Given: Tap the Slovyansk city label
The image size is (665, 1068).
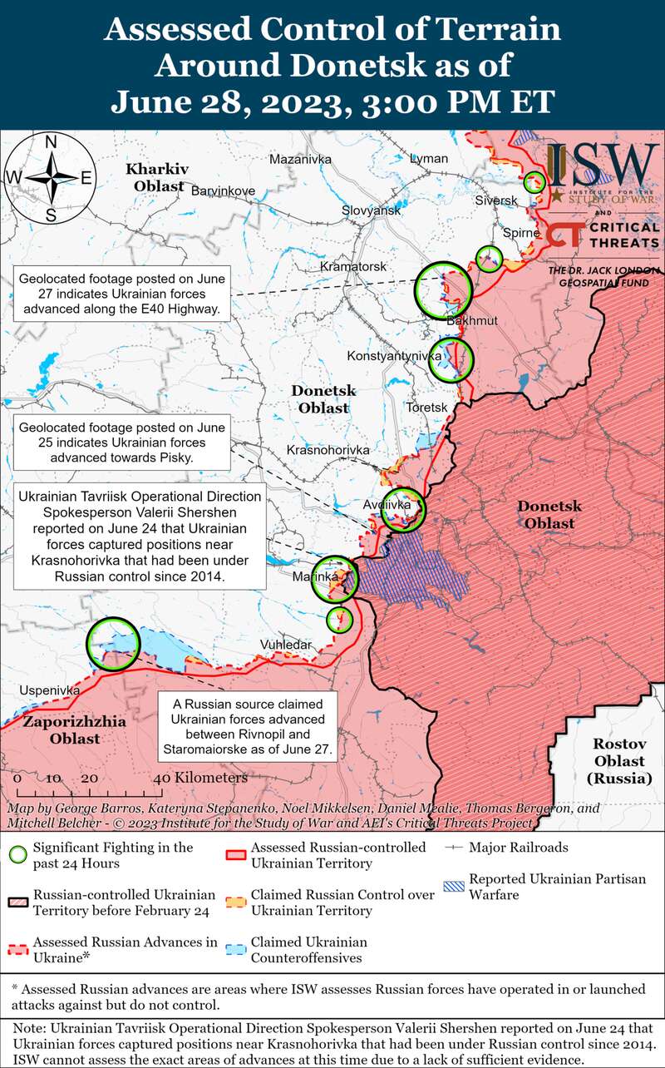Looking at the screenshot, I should [372, 211].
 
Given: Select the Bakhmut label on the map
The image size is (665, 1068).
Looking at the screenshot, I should [472, 321].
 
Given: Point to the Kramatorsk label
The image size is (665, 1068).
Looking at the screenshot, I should [353, 267].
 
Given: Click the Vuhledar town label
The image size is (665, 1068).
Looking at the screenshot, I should [285, 645].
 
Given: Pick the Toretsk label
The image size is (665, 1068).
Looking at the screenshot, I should [426, 408].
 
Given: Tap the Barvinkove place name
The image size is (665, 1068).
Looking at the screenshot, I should [223, 190].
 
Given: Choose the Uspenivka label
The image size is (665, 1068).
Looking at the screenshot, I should [50, 690].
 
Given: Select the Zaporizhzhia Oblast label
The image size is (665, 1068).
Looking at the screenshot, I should [75, 729].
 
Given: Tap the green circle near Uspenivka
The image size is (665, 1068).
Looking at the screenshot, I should [113, 643].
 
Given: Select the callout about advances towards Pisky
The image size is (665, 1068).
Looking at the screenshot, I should [122, 443].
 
